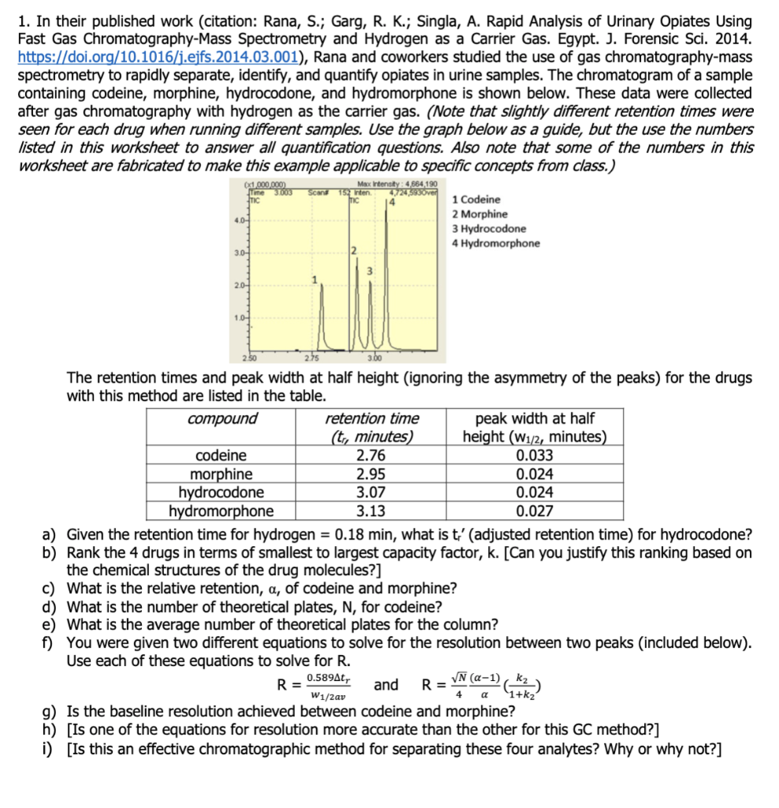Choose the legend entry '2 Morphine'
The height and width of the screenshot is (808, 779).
(479, 214)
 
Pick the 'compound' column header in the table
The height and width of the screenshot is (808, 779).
(222, 419)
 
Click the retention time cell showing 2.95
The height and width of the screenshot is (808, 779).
(372, 474)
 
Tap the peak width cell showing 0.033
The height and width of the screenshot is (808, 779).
(534, 455)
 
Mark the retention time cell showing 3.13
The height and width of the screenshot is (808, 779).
(372, 512)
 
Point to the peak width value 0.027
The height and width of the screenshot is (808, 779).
(534, 512)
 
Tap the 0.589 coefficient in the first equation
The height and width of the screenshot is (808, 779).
(322, 678)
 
